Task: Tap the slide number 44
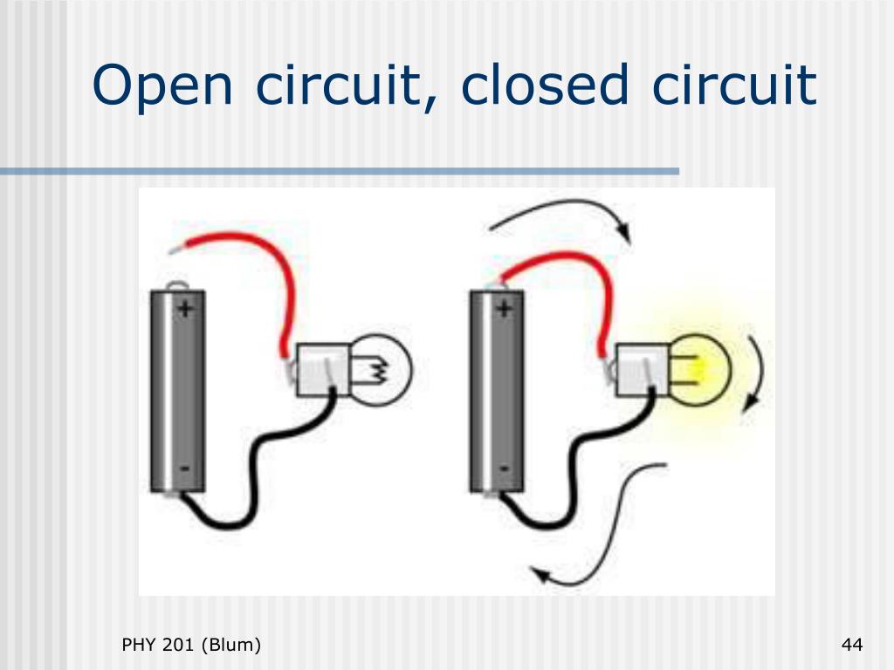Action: [852, 646]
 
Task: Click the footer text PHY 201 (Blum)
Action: [191, 646]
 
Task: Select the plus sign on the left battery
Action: [185, 307]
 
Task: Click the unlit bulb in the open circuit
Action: [383, 371]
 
